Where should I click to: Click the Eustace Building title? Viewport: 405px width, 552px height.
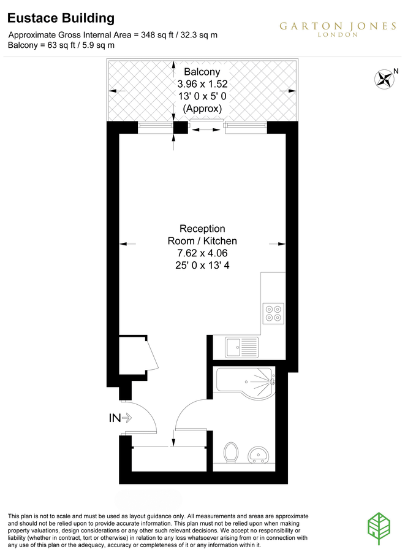point(61,19)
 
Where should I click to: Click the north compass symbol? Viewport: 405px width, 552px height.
point(385,79)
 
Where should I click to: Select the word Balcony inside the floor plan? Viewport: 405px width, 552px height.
point(202,72)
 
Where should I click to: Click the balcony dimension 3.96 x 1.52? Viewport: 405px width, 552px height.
point(202,84)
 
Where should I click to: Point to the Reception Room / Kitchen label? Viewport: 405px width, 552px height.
point(202,235)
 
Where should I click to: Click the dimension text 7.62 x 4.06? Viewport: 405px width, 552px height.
point(202,253)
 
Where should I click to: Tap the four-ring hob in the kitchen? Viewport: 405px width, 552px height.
point(273,313)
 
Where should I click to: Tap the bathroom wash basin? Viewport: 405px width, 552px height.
point(260,455)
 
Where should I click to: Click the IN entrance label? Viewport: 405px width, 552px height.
point(115,418)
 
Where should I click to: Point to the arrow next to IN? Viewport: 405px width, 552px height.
point(128,418)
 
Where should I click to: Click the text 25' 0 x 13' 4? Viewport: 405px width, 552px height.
point(202,266)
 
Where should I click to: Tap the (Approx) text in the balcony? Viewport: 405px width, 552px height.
point(202,109)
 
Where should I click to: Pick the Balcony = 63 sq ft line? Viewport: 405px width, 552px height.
point(61,45)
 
